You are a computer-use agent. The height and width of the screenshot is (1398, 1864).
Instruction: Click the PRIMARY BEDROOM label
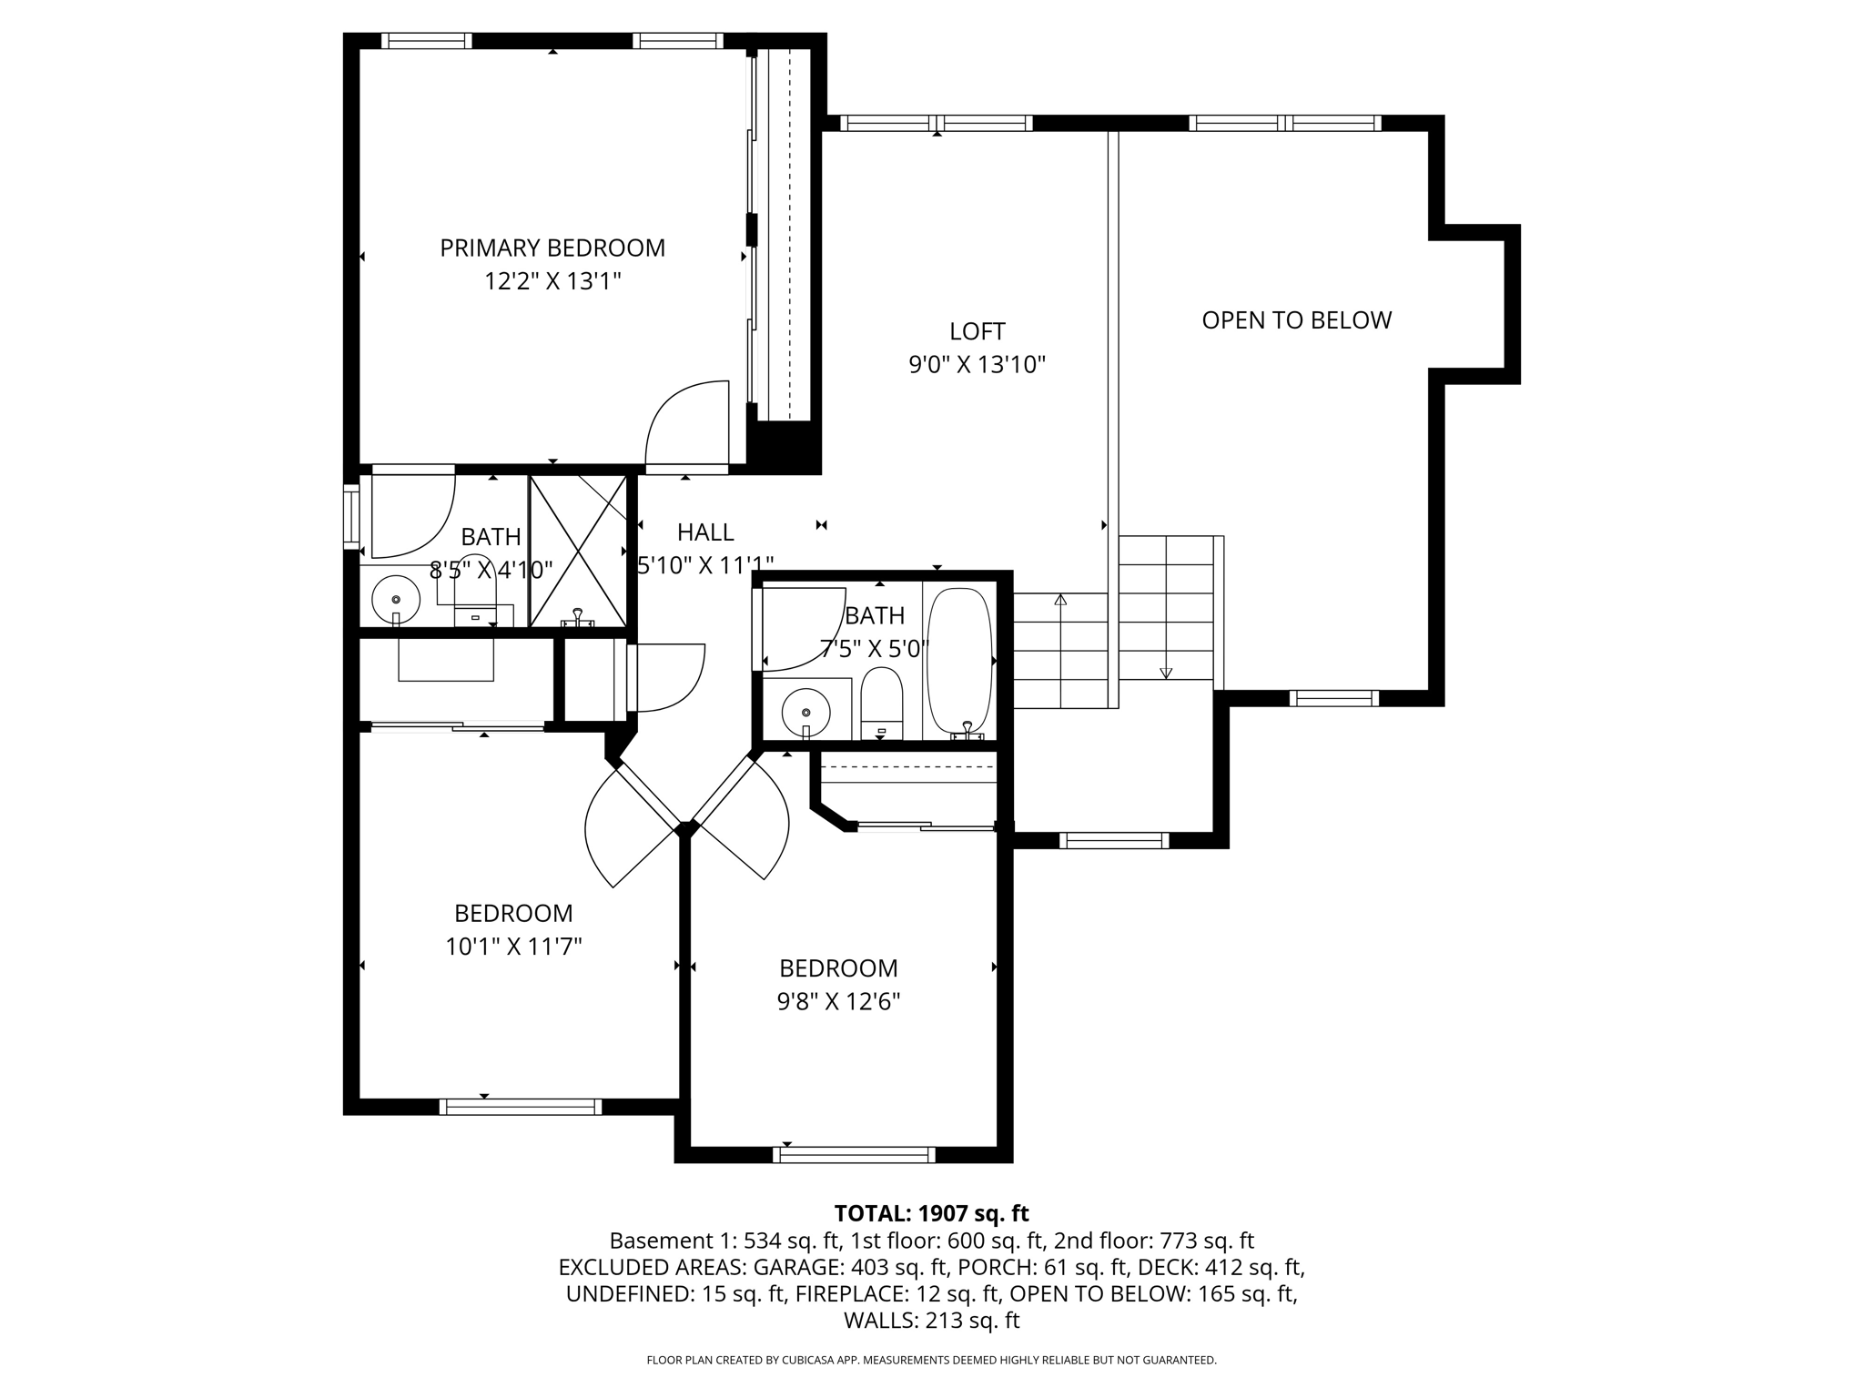coord(552,248)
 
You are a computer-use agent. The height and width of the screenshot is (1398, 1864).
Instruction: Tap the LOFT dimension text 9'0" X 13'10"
coord(977,365)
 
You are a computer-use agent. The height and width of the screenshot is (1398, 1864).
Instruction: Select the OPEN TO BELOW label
coord(1296,320)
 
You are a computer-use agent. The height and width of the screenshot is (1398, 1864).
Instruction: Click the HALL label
coord(705,532)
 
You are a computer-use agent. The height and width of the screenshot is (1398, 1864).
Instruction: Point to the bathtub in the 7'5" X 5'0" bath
coord(958,660)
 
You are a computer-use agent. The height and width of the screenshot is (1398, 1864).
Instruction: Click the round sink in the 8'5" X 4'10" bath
coord(396,599)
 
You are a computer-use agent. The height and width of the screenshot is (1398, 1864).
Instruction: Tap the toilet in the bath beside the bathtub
coord(881,703)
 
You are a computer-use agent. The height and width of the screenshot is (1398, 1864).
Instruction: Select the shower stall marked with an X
coord(578,550)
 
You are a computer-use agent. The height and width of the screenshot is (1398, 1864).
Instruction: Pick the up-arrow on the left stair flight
coord(1060,600)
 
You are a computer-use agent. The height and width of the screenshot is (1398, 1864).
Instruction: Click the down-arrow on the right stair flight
coord(1166,673)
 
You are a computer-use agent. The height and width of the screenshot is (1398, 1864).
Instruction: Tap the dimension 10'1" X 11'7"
coord(513,947)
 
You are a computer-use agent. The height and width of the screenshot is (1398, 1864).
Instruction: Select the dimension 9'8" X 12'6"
coord(838,1002)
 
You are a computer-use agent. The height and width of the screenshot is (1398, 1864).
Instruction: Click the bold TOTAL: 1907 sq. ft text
coord(931,1213)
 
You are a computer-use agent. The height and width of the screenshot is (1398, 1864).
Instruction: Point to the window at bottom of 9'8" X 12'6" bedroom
coord(854,1154)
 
